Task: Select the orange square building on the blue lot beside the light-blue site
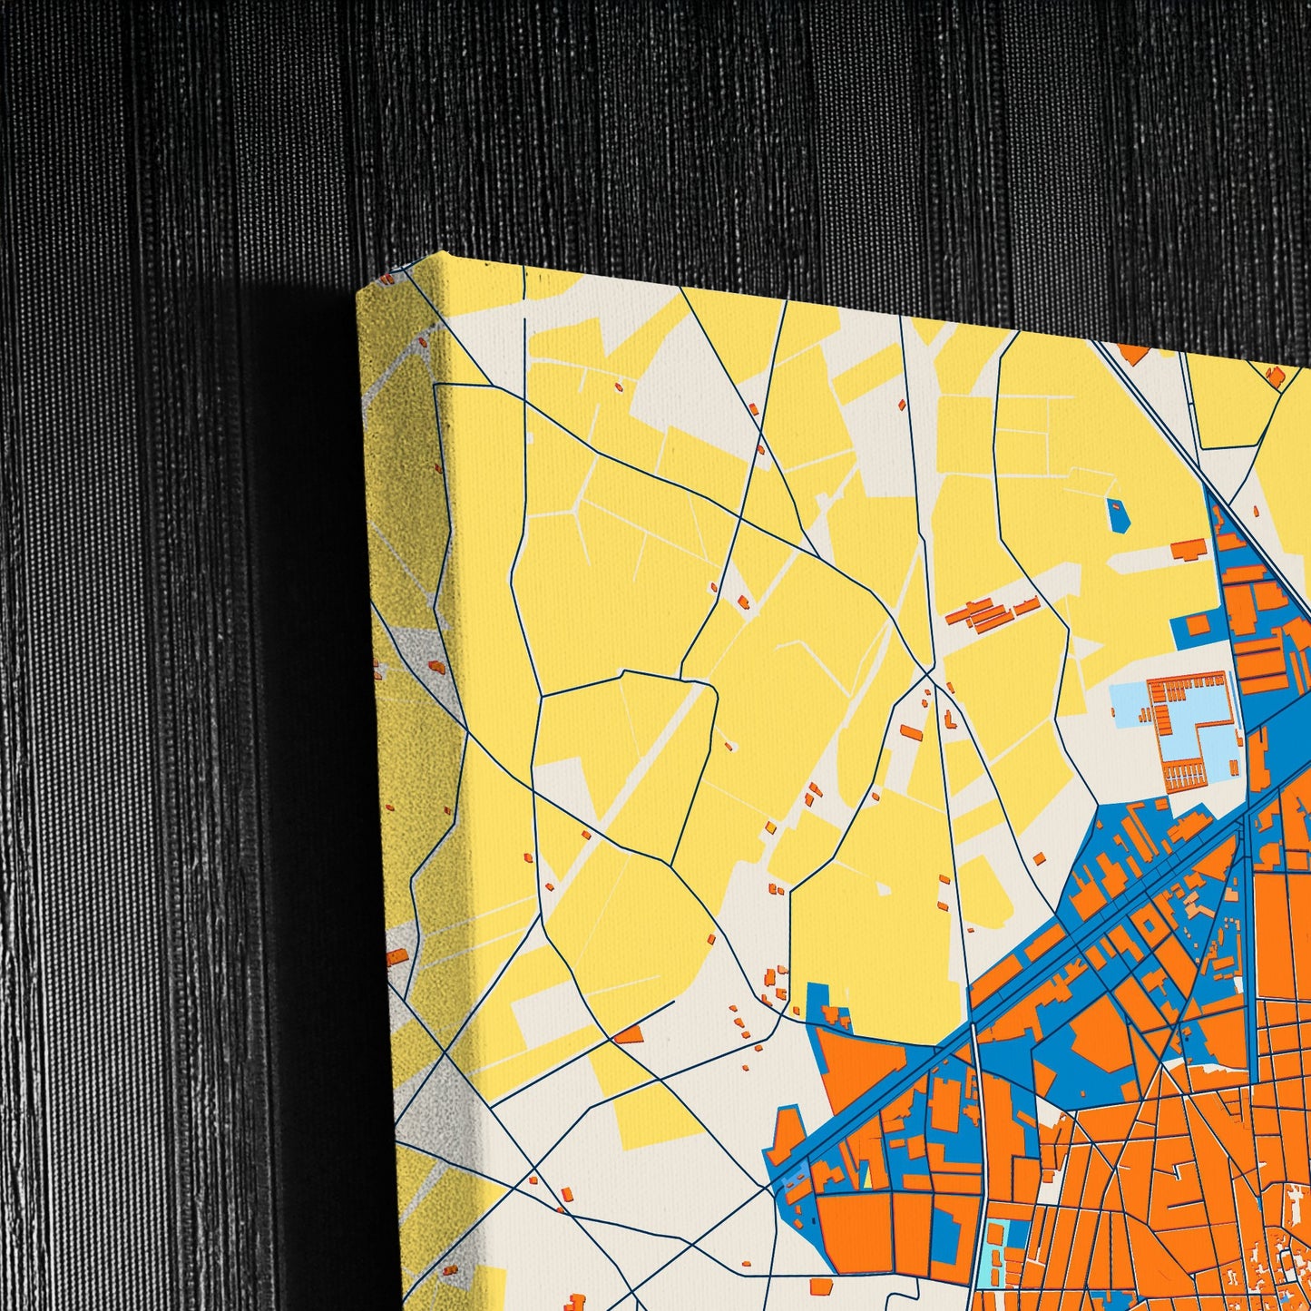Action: (x=1197, y=625)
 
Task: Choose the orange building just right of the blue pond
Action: (x=1186, y=550)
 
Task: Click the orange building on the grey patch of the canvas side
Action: (x=436, y=667)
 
